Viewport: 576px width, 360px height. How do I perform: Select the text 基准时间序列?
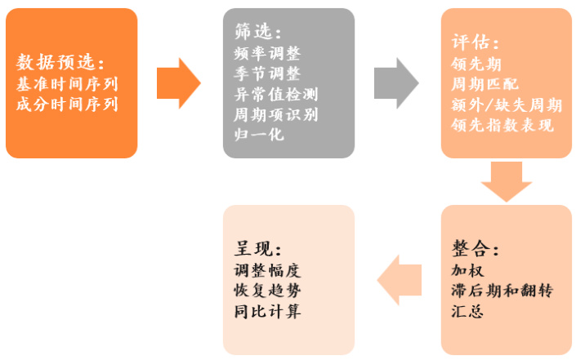(67, 83)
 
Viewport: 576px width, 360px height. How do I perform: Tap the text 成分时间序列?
(67, 104)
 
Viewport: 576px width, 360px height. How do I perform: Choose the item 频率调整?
(266, 53)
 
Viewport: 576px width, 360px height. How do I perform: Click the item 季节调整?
(266, 73)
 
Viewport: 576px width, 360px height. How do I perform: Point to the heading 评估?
(475, 42)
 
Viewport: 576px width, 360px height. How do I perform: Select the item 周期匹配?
(484, 84)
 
